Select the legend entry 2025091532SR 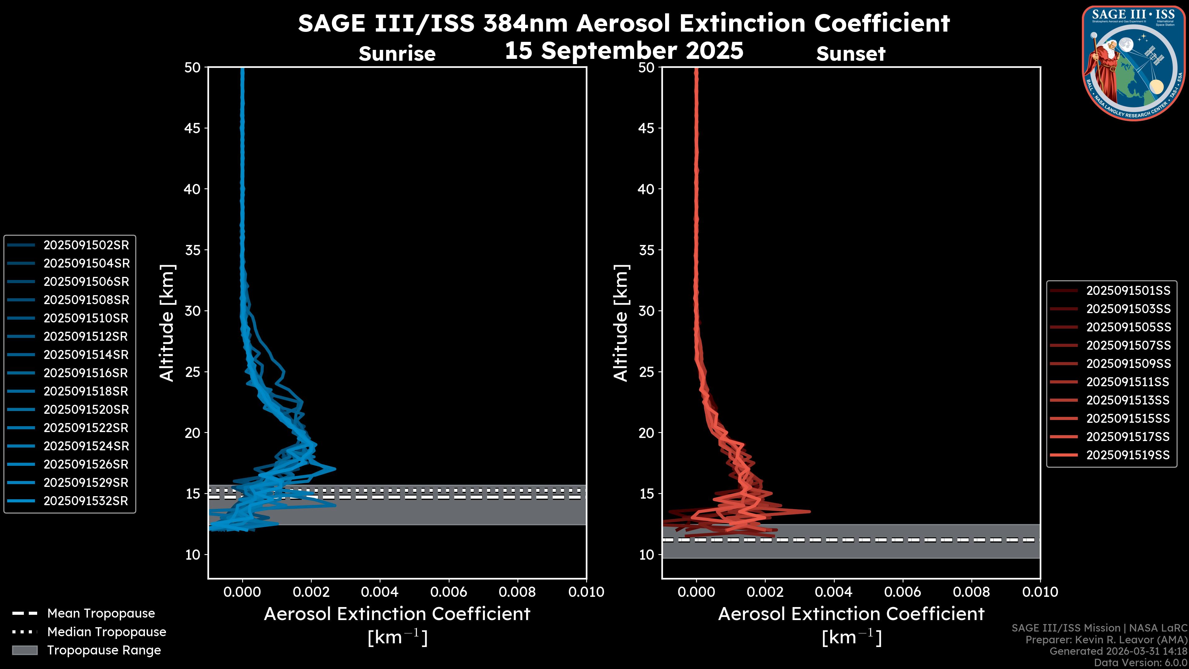coord(85,501)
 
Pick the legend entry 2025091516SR coord(85,373)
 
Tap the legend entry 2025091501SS coord(1128,291)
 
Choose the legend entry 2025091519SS coord(1128,455)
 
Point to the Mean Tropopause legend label coord(101,613)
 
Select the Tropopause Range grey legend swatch coord(24,650)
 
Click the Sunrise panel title coord(397,54)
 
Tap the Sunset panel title coord(851,54)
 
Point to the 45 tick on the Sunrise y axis coord(193,128)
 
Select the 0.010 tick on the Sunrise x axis coord(586,592)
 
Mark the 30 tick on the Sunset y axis coord(646,311)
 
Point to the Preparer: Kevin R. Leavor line coord(1106,640)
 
